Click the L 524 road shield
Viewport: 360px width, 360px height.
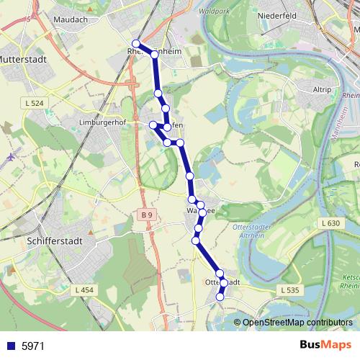(x=34, y=104)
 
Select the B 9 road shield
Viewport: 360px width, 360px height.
(x=147, y=215)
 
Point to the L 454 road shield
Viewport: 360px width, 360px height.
(x=84, y=289)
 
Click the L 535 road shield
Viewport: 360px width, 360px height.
(x=288, y=289)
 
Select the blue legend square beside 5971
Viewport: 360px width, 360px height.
(x=10, y=346)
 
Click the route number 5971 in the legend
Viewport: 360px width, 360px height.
(x=33, y=346)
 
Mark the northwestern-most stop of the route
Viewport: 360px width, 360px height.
(x=135, y=44)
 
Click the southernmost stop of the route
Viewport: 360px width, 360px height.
(x=220, y=297)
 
